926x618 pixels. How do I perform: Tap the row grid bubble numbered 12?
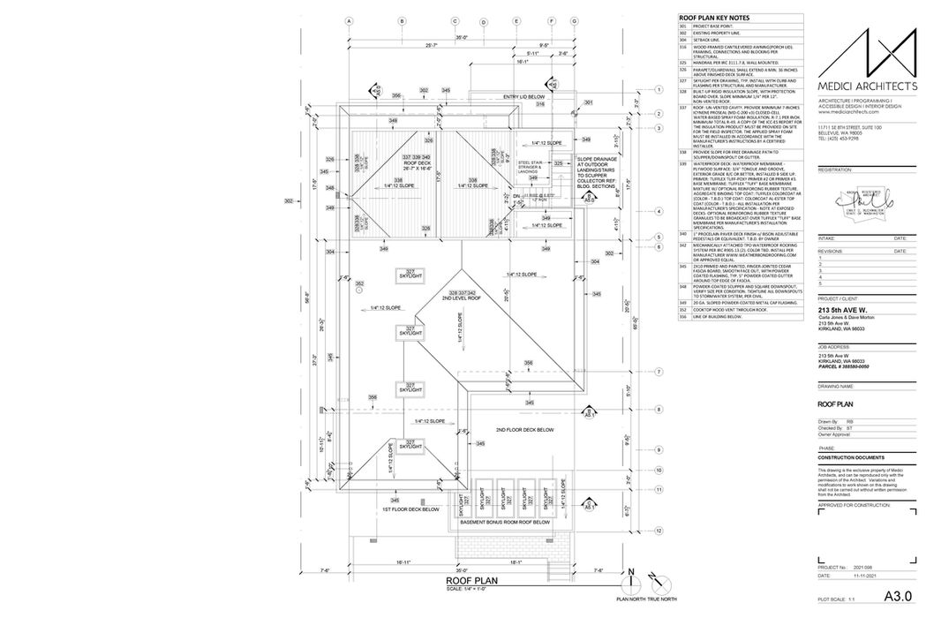[659, 531]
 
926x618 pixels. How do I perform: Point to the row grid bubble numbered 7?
[659, 373]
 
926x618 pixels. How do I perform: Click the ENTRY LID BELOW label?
[523, 97]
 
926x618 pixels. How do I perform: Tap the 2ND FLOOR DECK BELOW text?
[524, 429]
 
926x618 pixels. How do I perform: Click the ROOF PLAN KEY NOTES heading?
[714, 18]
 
